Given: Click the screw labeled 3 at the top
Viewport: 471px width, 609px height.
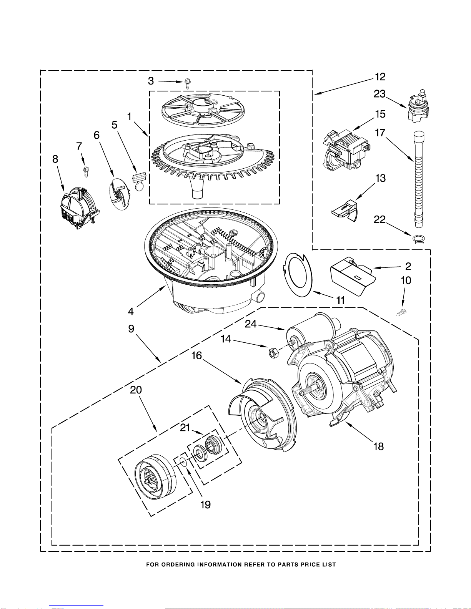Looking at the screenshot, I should point(188,83).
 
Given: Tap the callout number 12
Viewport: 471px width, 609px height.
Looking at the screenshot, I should point(380,77).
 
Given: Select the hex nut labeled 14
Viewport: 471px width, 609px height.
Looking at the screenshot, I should point(273,352).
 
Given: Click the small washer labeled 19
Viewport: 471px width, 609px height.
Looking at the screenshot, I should point(183,462).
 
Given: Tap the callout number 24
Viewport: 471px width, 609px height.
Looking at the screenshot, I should point(251,324).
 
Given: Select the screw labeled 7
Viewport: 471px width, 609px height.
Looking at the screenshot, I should point(86,171).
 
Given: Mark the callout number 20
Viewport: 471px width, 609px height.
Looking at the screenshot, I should point(136,390).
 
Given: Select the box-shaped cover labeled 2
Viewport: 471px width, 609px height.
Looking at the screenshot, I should point(352,275).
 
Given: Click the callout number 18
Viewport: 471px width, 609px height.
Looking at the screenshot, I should point(379,446).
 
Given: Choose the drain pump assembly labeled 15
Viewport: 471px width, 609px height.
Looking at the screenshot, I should point(345,151).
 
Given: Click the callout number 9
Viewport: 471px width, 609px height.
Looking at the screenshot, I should point(131,329).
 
